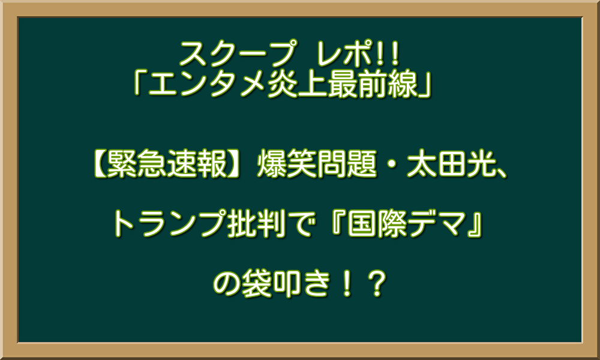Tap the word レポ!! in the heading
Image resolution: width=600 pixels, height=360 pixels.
tap(353, 55)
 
